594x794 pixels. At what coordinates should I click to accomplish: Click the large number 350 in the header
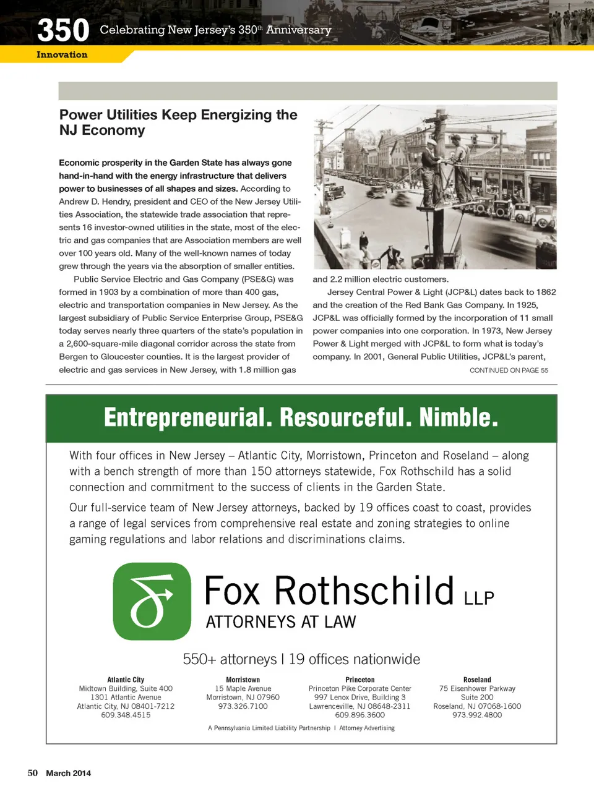pos(63,30)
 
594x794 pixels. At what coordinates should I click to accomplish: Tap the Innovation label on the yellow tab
pos(62,55)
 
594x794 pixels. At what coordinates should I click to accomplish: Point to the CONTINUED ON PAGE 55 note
pos(509,370)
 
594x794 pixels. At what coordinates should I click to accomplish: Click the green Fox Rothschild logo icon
pos(152,601)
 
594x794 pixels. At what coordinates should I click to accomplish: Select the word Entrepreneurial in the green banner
pos(187,418)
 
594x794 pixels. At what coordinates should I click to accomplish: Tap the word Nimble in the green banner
pos(458,418)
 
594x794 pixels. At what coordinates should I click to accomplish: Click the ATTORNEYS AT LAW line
pos(281,622)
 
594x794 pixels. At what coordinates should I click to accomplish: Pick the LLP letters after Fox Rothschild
pos(479,598)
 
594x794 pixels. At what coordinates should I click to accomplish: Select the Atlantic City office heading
pos(126,680)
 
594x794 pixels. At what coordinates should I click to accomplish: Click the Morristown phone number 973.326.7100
pos(243,706)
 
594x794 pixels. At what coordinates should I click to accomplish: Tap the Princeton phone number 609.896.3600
pos(359,715)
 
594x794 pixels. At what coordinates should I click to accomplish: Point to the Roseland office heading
pos(477,680)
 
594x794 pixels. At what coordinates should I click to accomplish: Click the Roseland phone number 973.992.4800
pos(477,715)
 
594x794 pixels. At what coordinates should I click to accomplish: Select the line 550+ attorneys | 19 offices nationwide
pos(301,659)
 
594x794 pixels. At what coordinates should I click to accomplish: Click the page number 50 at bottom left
pos(33,773)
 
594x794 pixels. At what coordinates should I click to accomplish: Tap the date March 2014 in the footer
pos(68,773)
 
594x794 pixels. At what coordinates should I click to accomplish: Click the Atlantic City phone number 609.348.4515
pos(126,715)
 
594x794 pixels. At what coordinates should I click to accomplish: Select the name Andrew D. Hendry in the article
pos(103,202)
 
